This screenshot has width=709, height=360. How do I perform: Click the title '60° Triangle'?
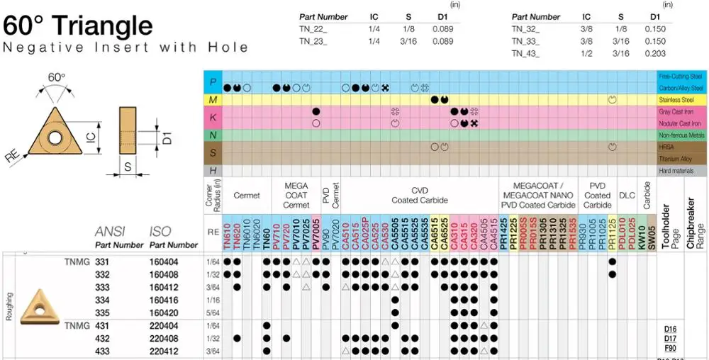point(78,26)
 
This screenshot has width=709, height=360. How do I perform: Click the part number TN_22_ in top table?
point(313,29)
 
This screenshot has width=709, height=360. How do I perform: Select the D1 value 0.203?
point(655,53)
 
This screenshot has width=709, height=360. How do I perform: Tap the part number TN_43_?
point(526,53)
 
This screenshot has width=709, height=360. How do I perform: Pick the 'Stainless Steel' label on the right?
point(681,100)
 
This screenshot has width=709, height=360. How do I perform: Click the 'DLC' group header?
point(627,196)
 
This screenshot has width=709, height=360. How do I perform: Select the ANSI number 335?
point(103,312)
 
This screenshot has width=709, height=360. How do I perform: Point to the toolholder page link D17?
point(669,339)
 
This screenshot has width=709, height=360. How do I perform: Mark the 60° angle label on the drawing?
point(56,77)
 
